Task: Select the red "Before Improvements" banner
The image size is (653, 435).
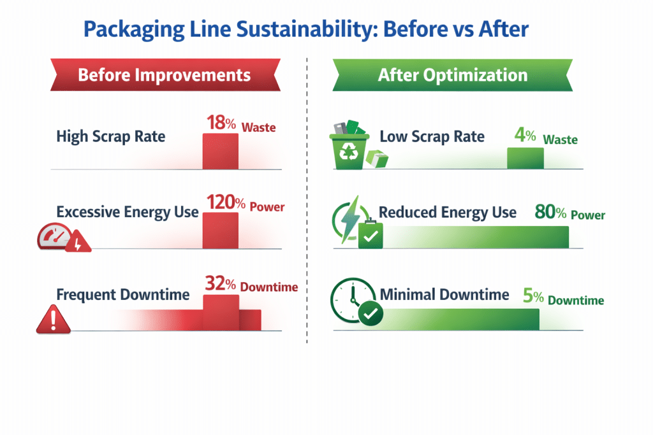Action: point(165,75)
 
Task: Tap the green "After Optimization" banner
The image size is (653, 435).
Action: point(452,75)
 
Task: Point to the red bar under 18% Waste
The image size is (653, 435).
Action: point(221,152)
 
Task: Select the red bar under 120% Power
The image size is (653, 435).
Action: point(221,231)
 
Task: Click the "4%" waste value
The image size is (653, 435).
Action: point(525,135)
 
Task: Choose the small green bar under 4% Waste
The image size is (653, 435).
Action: point(525,159)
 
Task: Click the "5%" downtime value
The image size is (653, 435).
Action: point(532,296)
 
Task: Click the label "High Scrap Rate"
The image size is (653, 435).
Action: point(111,136)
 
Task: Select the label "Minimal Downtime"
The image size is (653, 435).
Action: point(444,295)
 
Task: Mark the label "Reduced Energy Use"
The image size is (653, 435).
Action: point(448,213)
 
